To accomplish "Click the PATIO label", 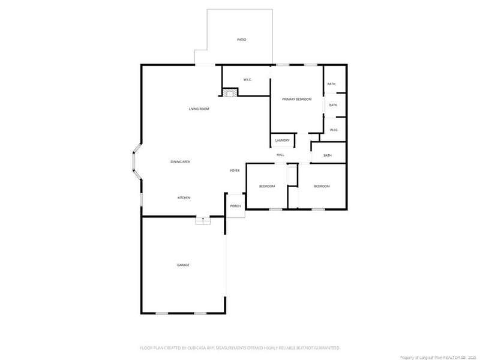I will (241, 40).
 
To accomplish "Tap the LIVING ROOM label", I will (199, 109).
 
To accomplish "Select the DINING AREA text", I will (180, 162).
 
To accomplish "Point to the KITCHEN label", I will (184, 197).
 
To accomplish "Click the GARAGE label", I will (183, 265).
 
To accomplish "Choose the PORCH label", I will (235, 206).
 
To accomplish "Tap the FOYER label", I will (235, 171).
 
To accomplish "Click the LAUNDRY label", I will (282, 140).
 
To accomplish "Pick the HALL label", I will (280, 155).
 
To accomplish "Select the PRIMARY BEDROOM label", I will (296, 99).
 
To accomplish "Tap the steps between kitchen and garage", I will (203, 221).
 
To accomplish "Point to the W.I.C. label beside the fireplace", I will (247, 80).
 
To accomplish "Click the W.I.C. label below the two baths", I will (334, 130).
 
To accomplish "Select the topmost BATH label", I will (331, 84).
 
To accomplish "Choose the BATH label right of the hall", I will (328, 155).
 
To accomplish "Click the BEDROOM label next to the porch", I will (267, 187).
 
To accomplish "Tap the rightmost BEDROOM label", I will (322, 187).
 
